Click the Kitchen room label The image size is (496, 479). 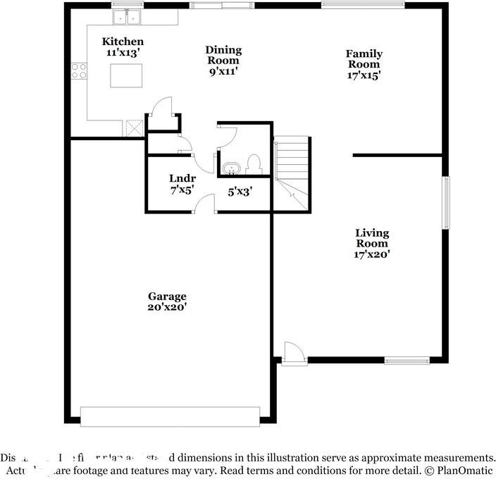click(x=123, y=42)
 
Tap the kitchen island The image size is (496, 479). click(x=125, y=75)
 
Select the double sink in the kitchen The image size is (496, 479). click(x=127, y=15)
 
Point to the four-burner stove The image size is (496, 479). click(x=78, y=70)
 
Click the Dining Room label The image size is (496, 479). click(x=223, y=50)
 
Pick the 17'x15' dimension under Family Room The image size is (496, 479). click(x=364, y=75)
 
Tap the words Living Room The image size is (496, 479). click(x=371, y=238)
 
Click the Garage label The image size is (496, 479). click(x=167, y=296)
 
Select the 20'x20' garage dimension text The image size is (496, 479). click(x=167, y=307)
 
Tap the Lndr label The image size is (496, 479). click(x=182, y=179)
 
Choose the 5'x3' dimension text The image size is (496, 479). click(x=240, y=190)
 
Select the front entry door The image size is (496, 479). click(x=293, y=354)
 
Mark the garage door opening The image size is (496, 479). click(x=170, y=416)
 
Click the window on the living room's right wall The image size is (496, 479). click(x=446, y=202)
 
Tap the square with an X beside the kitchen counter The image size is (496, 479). click(x=134, y=127)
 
